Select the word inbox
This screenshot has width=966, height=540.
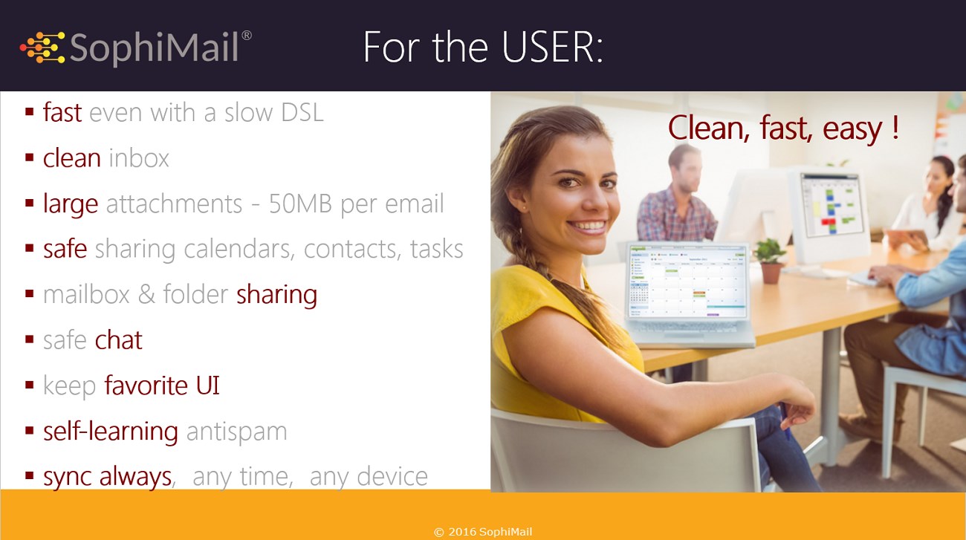(139, 158)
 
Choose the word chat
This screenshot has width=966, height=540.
(118, 340)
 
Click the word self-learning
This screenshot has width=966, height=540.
(110, 431)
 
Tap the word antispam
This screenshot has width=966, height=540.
(236, 432)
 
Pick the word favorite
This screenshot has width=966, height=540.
(146, 386)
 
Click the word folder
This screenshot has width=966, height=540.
(195, 295)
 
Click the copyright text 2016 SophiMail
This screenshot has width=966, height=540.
(483, 532)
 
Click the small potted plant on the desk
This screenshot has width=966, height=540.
(771, 261)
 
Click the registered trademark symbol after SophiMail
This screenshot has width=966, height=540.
(247, 35)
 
